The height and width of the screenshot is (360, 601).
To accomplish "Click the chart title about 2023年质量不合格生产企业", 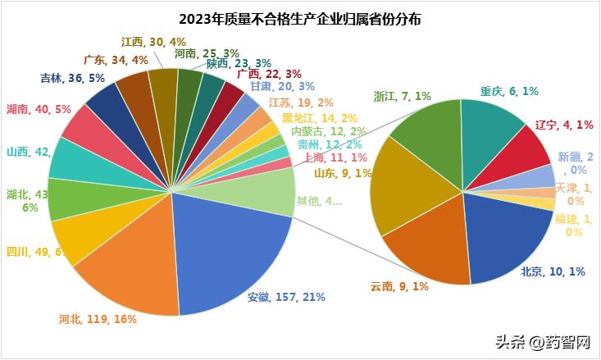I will (300, 19).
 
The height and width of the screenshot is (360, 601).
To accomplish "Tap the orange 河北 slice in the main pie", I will (131, 271).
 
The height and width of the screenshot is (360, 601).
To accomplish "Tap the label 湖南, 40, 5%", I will (36, 108).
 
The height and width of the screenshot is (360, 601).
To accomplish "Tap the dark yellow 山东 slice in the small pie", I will (402, 185).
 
